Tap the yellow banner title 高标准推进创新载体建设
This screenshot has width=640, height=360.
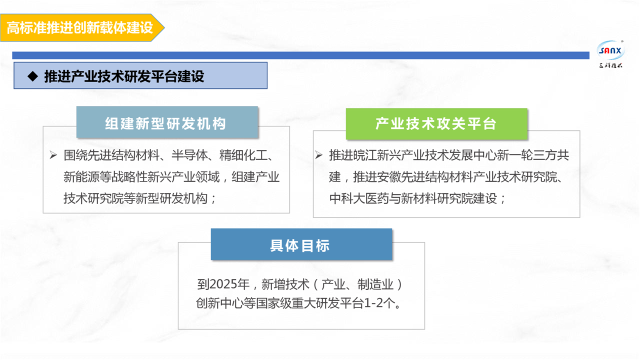[x=80, y=28]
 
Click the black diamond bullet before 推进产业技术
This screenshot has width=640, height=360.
[x=32, y=76]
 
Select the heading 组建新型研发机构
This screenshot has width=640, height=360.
[x=165, y=123]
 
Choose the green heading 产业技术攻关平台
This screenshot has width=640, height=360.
[x=436, y=123]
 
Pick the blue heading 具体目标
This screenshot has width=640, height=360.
[x=300, y=245]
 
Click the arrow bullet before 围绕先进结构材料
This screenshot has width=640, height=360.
[x=53, y=155]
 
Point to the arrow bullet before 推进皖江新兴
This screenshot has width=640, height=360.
[x=319, y=155]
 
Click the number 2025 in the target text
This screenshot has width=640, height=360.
[x=223, y=284]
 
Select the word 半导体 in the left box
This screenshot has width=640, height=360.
[x=189, y=155]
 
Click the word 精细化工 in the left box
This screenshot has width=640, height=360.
[x=243, y=155]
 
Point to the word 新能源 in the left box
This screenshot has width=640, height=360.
[x=81, y=177]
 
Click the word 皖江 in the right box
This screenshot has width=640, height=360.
[x=365, y=155]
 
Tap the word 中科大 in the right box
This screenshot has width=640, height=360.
[x=347, y=198]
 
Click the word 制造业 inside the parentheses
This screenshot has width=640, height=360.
[x=375, y=284]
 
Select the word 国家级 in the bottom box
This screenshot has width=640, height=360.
[x=273, y=303]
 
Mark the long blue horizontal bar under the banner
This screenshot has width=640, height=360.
[x=300, y=55]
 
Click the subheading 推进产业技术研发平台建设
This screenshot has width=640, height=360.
[x=124, y=76]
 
